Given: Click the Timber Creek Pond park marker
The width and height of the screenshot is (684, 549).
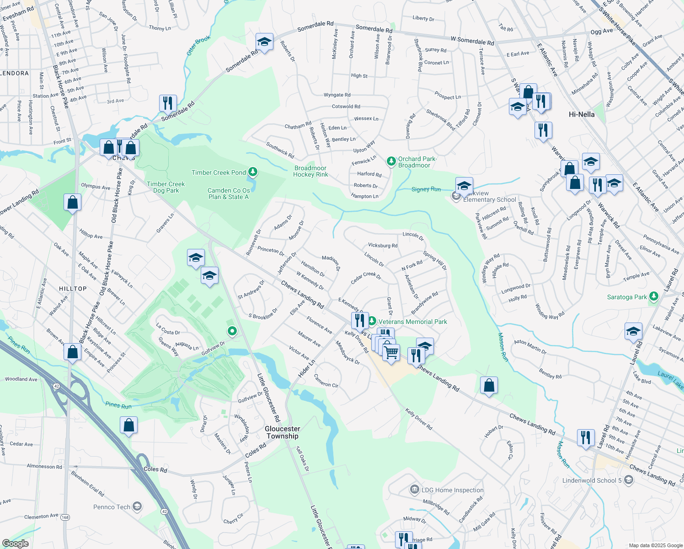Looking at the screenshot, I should pyautogui.click(x=253, y=172).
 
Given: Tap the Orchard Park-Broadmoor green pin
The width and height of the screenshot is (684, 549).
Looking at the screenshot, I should pyautogui.click(x=391, y=161).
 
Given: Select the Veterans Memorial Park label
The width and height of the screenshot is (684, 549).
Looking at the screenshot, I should pyautogui.click(x=412, y=322).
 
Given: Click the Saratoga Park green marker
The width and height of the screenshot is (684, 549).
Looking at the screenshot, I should pyautogui.click(x=654, y=297).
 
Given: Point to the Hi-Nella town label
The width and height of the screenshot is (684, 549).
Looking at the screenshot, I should pyautogui.click(x=582, y=114).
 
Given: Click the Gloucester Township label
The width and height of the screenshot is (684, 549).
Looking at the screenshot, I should pyautogui.click(x=283, y=432).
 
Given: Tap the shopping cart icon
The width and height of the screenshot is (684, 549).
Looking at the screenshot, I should pyautogui.click(x=391, y=353).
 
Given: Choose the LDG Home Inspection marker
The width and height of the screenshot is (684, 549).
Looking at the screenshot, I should pyautogui.click(x=415, y=490).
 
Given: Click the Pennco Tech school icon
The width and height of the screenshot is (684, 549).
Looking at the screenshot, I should pyautogui.click(x=137, y=506).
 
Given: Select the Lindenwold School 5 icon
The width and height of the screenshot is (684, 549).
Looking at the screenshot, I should pyautogui.click(x=629, y=480).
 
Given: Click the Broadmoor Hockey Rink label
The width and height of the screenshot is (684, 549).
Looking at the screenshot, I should pyautogui.click(x=310, y=171).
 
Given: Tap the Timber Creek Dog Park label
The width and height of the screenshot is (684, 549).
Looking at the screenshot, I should pyautogui.click(x=166, y=187).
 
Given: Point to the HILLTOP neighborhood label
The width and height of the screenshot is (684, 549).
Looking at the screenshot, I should pyautogui.click(x=73, y=289).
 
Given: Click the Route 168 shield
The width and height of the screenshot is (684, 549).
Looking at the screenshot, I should pyautogui.click(x=65, y=517).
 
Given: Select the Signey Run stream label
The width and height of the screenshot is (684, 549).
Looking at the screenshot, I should pyautogui.click(x=426, y=189).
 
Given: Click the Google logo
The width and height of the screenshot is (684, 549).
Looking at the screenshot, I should pyautogui.click(x=15, y=543).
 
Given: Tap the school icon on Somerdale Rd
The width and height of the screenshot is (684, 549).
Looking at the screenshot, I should pyautogui.click(x=264, y=42).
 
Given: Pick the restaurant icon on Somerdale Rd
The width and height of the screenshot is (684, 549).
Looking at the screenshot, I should pyautogui.click(x=168, y=103).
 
